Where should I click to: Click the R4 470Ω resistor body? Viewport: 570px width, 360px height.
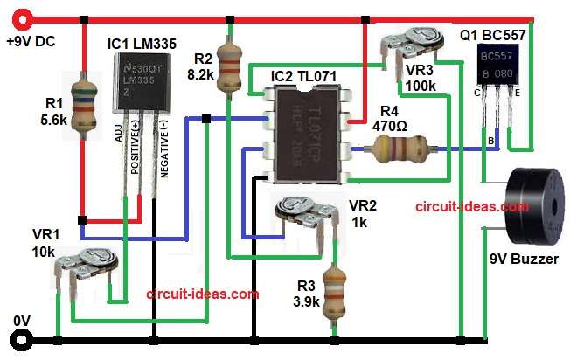[394, 150]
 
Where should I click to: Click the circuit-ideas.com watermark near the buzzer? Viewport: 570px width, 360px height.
[472, 207]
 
